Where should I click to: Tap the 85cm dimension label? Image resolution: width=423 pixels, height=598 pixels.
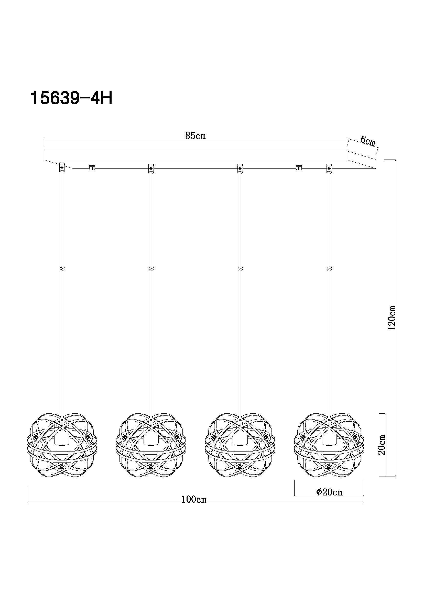(x=196, y=136)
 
